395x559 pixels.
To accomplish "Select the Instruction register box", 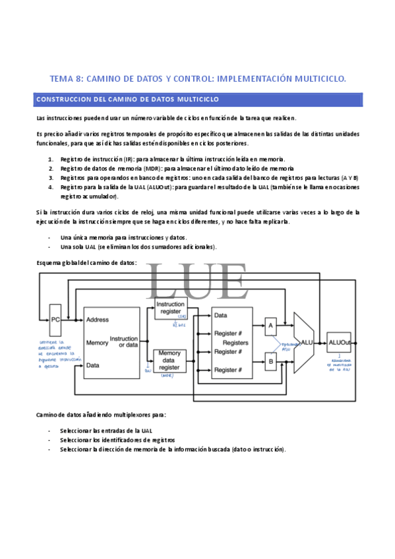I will pyautogui.click(x=170, y=307).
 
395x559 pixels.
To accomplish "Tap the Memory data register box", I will pyautogui.click(x=169, y=362).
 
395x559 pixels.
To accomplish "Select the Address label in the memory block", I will pyautogui.click(x=98, y=319).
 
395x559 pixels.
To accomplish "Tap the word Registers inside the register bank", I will pyautogui.click(x=235, y=343).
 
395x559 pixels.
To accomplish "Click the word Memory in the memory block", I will pyautogui.click(x=98, y=343).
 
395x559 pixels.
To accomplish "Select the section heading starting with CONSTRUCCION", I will pyautogui.click(x=127, y=99).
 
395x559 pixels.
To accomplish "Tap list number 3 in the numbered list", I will pyautogui.click(x=51, y=177).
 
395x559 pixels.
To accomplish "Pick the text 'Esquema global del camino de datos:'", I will pyautogui.click(x=86, y=262).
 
